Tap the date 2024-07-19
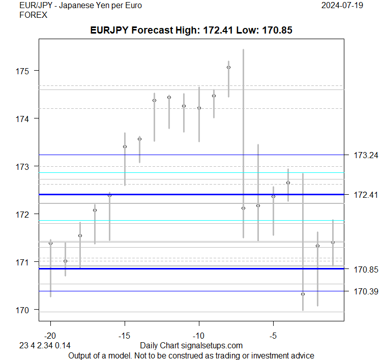pos(343,6)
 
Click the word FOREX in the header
pos(33,15)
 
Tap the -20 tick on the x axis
pos(50,336)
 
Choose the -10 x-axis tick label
pos(199,336)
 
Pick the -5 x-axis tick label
pos(273,336)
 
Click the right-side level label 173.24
pos(366,155)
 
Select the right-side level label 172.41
pos(366,195)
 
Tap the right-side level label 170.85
pos(366,269)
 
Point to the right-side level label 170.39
pos(366,291)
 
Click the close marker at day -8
pos(228,67)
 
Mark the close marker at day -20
pos(50,243)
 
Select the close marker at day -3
pos(303,294)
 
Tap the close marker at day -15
pos(125,146)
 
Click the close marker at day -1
pos(333,243)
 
